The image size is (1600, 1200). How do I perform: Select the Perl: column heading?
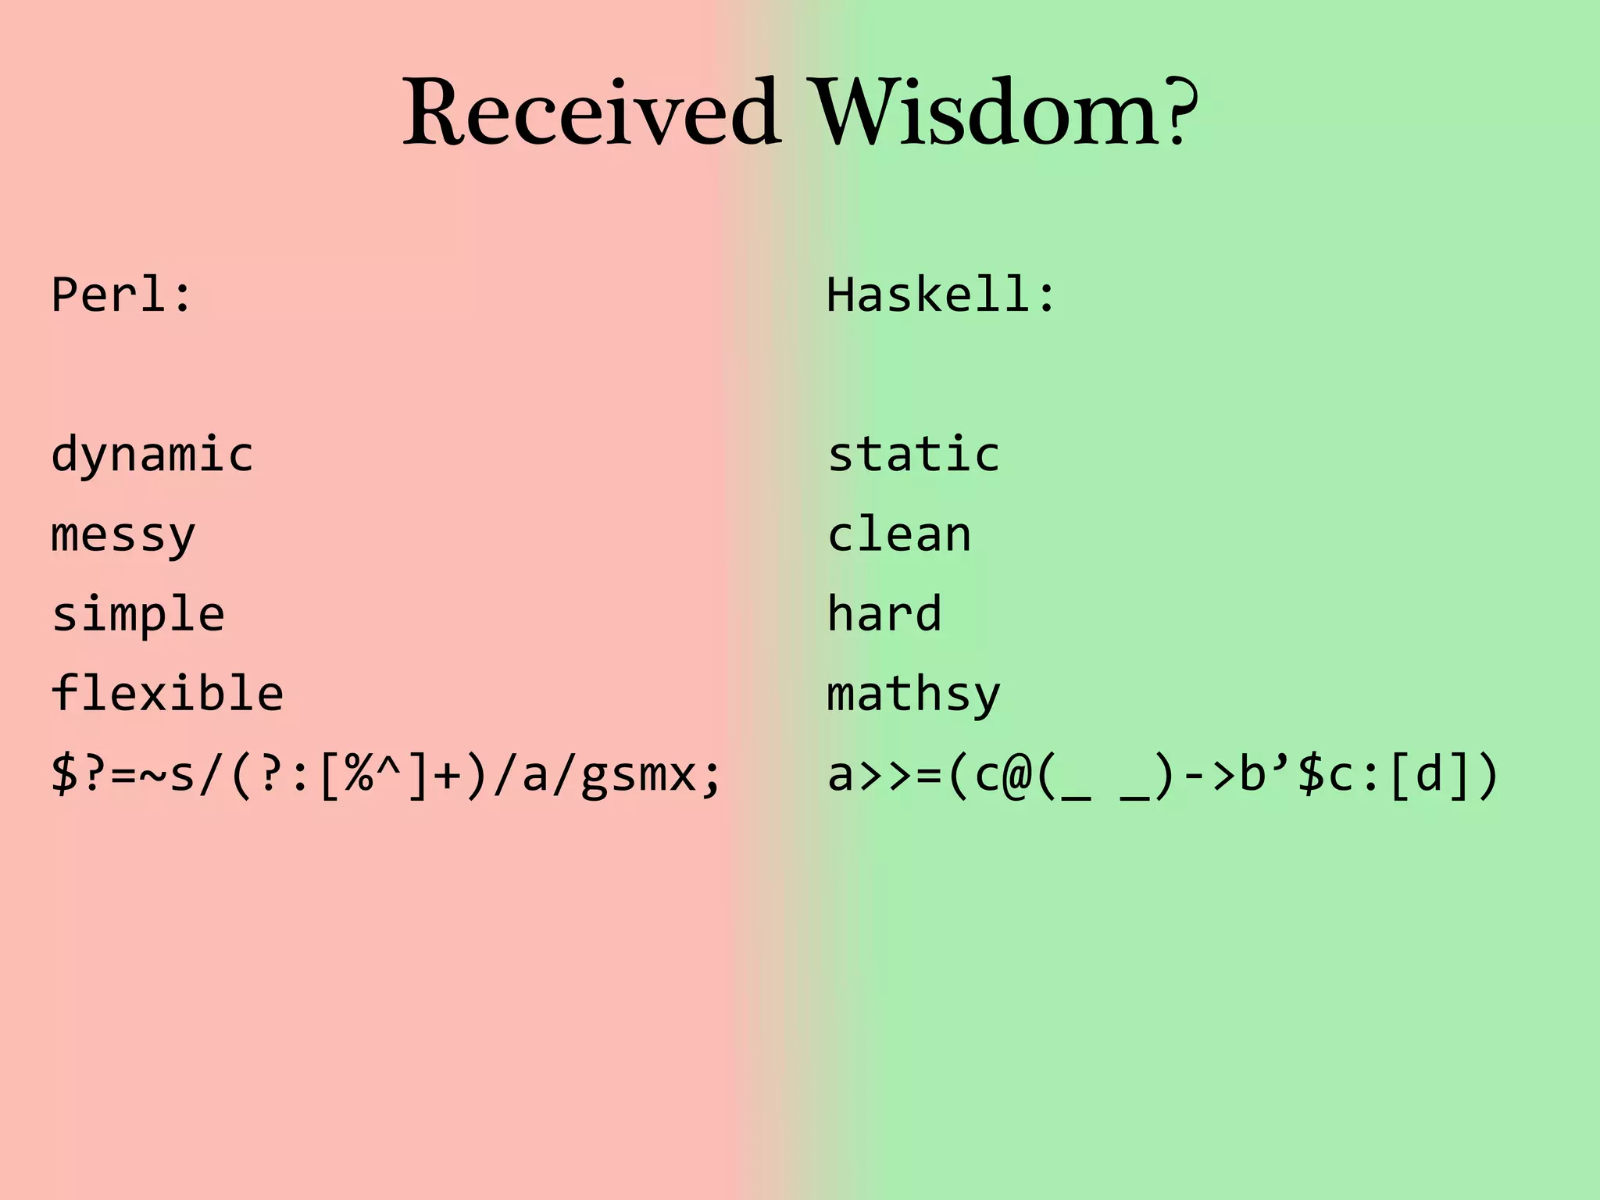tap(121, 295)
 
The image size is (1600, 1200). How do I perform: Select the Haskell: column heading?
tap(941, 295)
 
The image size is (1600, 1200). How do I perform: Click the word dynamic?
tap(152, 455)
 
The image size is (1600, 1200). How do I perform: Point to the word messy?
tap(123, 536)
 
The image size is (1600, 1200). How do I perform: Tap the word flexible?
tap(167, 694)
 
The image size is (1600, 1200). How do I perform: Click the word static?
tap(913, 455)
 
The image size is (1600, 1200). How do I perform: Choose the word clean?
tap(899, 536)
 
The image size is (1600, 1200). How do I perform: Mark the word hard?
tap(884, 614)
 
